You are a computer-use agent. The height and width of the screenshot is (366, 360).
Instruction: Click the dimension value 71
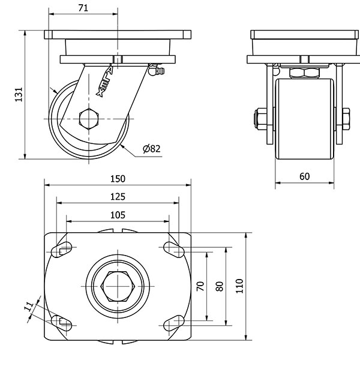point(83,8)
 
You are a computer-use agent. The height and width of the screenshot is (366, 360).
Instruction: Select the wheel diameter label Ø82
point(152,149)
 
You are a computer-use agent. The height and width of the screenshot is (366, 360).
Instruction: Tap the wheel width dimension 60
point(304,176)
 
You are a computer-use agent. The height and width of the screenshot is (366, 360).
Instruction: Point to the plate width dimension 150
point(117,178)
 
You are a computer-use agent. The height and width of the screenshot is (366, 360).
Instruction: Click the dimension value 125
point(117,196)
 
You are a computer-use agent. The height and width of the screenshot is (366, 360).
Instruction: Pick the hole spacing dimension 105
point(117,214)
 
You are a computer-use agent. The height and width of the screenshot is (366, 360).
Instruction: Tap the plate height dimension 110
point(239,286)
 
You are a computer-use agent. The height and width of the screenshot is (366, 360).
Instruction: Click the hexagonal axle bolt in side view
point(89,119)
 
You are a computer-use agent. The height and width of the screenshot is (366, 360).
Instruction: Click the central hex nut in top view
point(118,286)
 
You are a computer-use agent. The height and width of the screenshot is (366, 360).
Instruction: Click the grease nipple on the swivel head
point(157,72)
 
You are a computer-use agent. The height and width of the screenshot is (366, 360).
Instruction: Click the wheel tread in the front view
point(304,120)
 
